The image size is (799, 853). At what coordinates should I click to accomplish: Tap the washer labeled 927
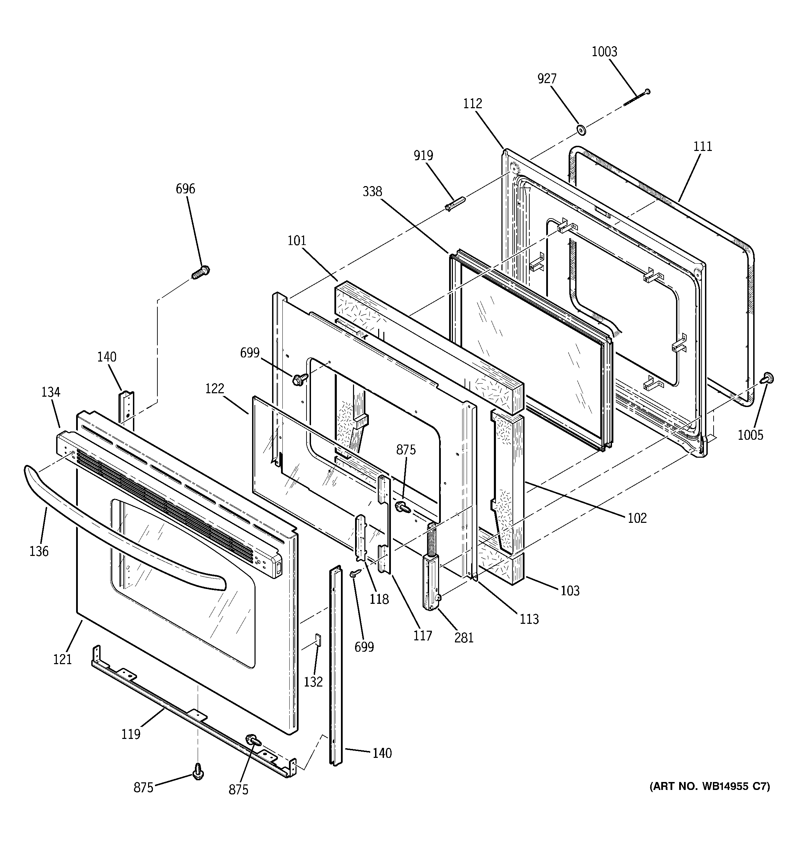click(582, 129)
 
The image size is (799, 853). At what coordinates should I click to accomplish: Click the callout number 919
click(423, 156)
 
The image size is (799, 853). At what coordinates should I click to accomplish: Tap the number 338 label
click(372, 192)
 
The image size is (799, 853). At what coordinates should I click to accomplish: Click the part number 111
click(703, 147)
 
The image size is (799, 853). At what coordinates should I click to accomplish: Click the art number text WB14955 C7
click(710, 786)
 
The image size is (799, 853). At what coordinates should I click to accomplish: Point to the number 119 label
click(131, 734)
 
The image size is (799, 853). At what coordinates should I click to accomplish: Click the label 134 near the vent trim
click(51, 392)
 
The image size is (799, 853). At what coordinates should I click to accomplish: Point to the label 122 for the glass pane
click(215, 389)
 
